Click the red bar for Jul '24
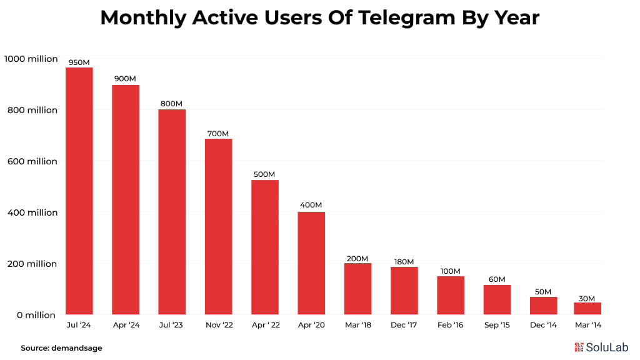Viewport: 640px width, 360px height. click(x=79, y=191)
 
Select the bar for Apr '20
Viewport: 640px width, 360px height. click(x=311, y=263)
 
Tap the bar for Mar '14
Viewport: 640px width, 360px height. click(x=587, y=308)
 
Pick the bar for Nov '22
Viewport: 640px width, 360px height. click(x=218, y=226)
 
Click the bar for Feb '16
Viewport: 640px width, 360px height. click(x=451, y=295)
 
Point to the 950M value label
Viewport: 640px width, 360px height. click(x=79, y=62)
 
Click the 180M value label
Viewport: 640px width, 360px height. click(x=404, y=261)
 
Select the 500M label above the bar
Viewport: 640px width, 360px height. click(x=264, y=174)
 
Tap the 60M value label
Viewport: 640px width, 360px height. click(x=497, y=279)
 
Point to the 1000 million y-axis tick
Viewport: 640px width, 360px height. click(x=31, y=59)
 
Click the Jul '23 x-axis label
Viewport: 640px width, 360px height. click(x=172, y=325)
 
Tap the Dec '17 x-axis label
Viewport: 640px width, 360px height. click(x=404, y=325)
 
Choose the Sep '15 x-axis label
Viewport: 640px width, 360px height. click(x=497, y=325)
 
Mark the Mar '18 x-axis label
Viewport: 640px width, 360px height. click(x=357, y=325)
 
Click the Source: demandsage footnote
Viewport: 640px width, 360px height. click(x=61, y=347)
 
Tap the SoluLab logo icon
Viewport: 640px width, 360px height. click(x=579, y=347)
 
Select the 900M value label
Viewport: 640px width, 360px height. click(x=125, y=79)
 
